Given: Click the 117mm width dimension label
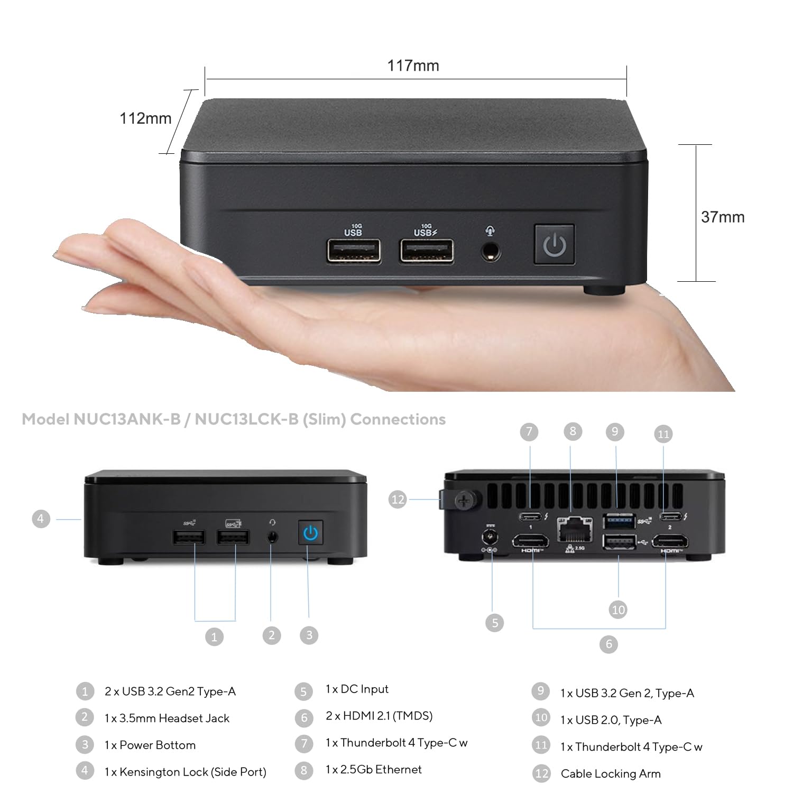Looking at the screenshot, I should tap(413, 66).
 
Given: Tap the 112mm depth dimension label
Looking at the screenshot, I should tap(145, 118).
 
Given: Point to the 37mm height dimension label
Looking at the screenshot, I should tap(722, 217).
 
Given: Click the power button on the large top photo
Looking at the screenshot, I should tap(554, 244).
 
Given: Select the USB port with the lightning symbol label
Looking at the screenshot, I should tap(426, 250).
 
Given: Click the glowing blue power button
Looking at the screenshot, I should tap(310, 533).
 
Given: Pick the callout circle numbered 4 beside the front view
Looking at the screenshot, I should tap(41, 519).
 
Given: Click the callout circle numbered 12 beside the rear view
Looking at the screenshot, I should tap(398, 499).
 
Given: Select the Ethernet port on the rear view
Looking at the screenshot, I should tap(574, 530).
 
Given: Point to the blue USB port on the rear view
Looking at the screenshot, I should tap(619, 521).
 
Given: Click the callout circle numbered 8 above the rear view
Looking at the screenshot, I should tap(573, 431).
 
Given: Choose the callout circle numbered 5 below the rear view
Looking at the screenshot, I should tap(494, 623).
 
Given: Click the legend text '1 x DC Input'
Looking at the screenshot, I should tap(357, 689).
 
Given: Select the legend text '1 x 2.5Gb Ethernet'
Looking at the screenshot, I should tap(373, 770).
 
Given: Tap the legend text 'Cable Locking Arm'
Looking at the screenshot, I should tap(611, 774).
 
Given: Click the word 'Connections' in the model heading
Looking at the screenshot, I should tap(398, 419).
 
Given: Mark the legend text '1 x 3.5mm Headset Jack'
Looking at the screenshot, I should tap(167, 718).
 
